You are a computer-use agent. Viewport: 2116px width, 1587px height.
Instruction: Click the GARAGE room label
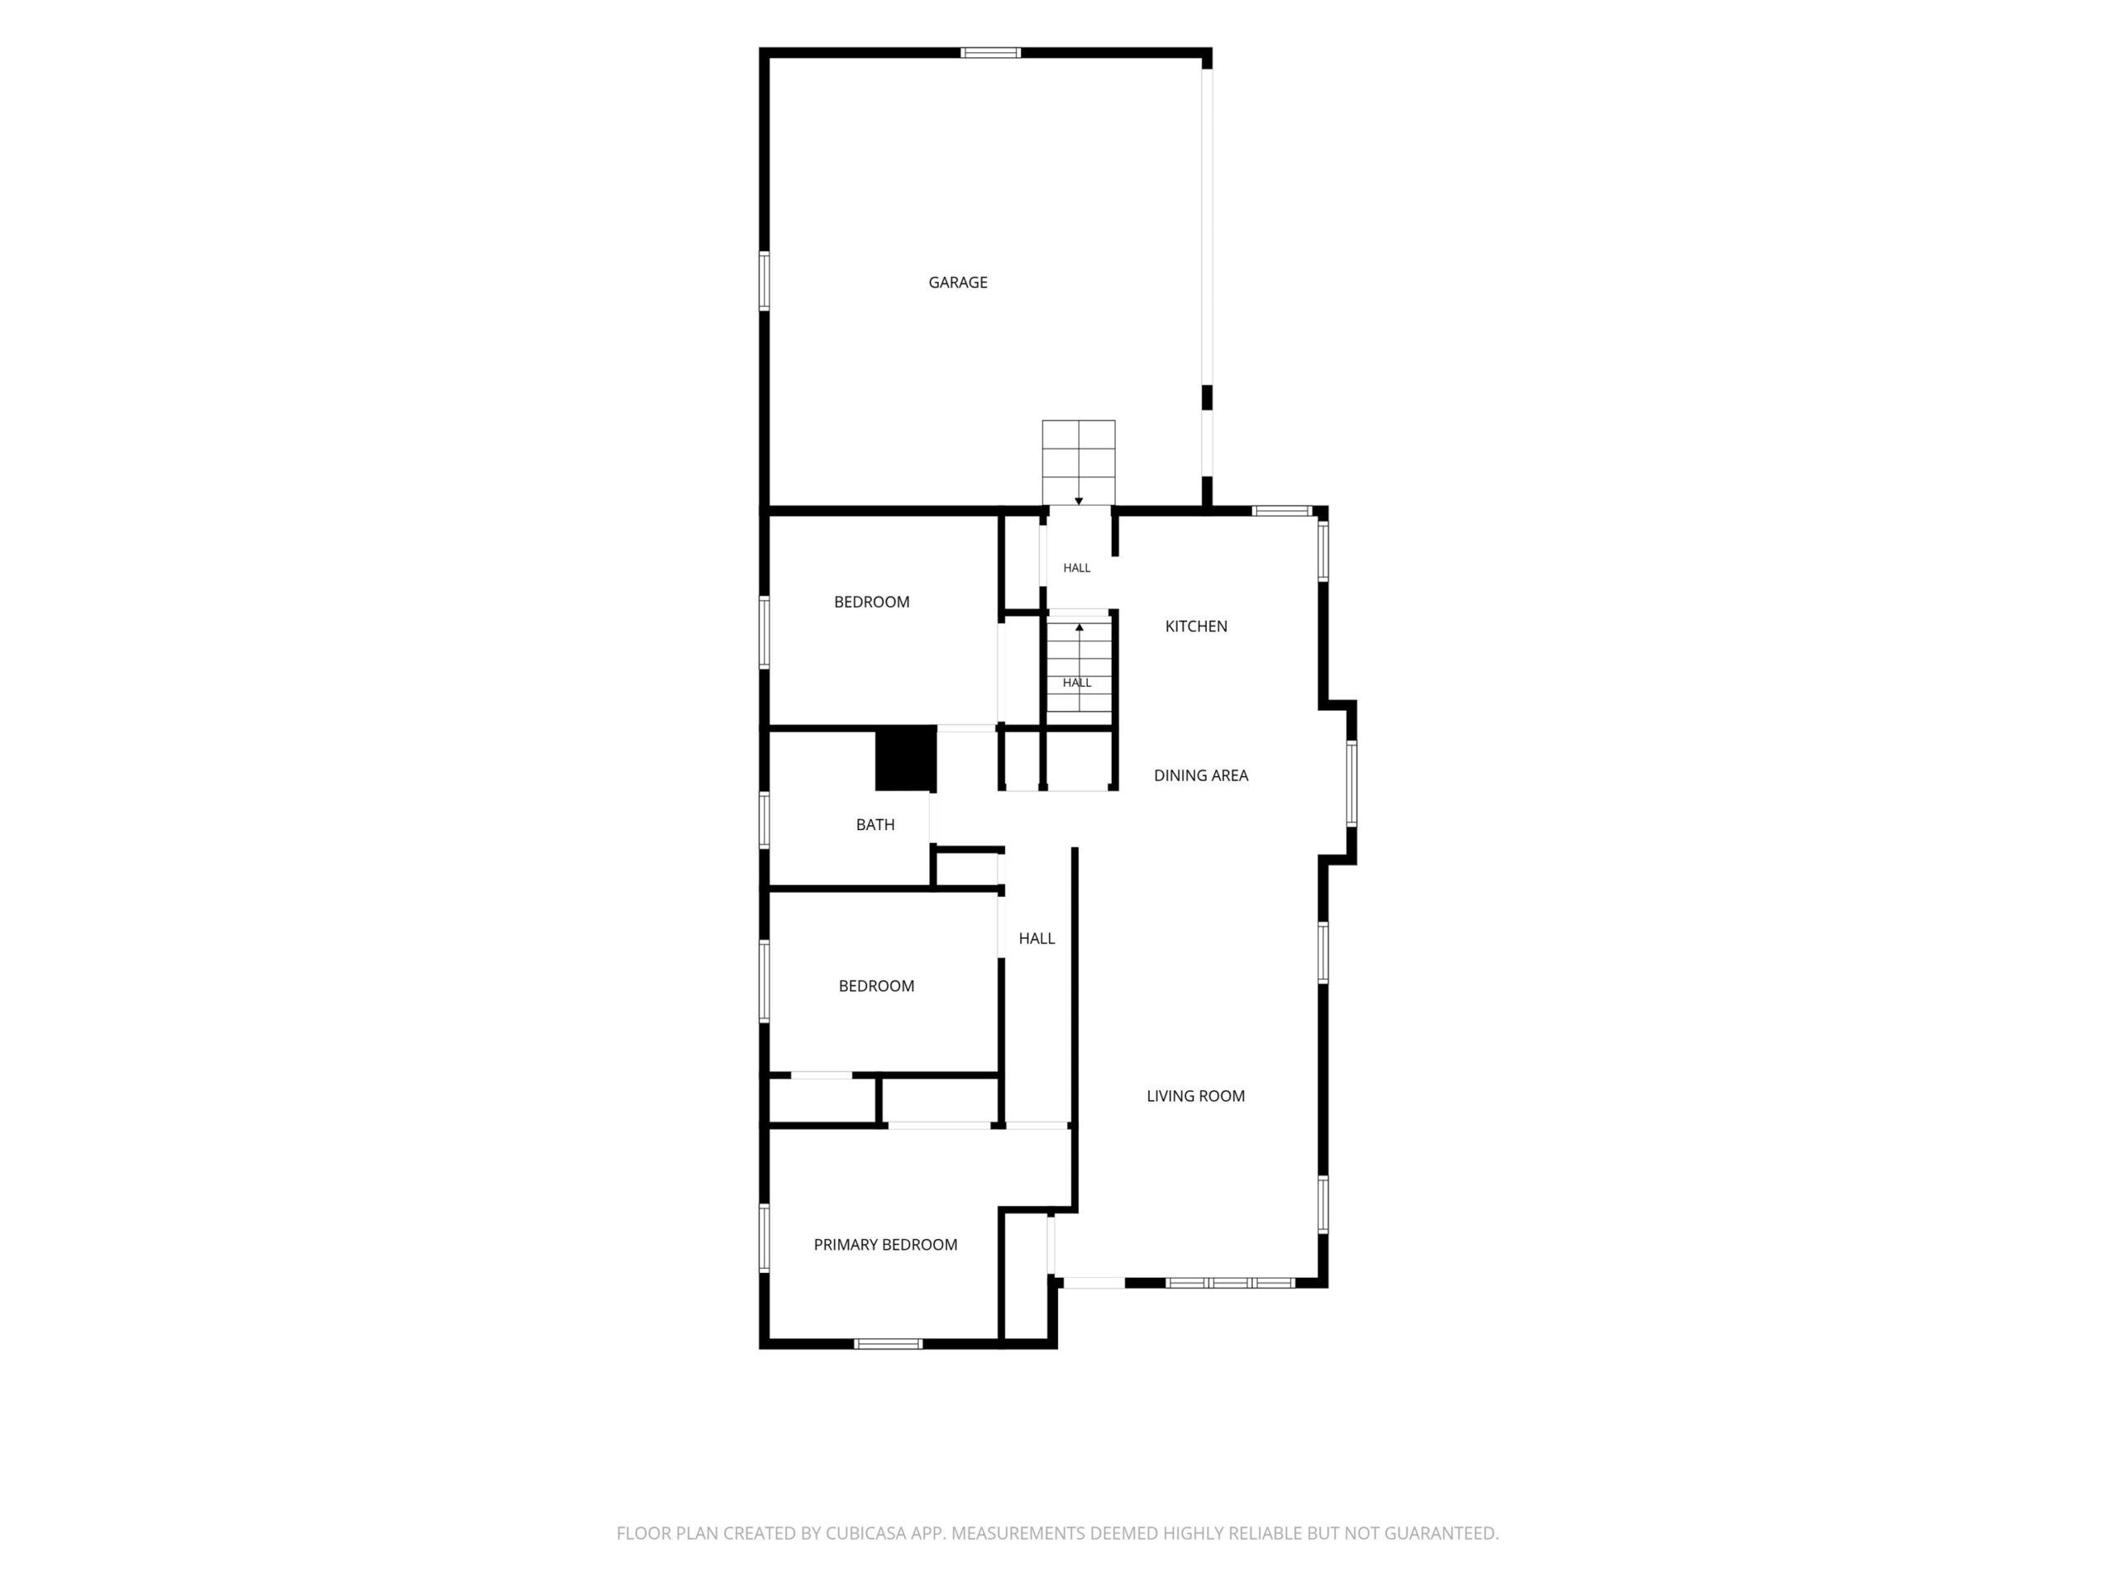click(x=957, y=282)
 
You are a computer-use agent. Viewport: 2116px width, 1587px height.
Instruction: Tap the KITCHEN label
click(x=1196, y=627)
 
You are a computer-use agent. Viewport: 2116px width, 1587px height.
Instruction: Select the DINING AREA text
click(x=1200, y=776)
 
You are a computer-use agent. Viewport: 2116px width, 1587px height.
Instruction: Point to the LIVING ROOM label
click(x=1196, y=1096)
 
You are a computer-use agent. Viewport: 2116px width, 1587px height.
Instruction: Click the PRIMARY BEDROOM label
click(x=885, y=1245)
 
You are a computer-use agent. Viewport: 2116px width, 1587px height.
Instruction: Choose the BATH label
click(x=875, y=825)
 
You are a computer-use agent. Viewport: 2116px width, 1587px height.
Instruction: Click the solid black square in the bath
click(x=906, y=760)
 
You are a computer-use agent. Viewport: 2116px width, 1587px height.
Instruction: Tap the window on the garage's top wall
click(x=990, y=53)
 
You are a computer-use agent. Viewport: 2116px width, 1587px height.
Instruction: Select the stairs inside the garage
click(x=1078, y=463)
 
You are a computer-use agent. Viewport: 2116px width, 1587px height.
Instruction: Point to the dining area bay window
click(x=1351, y=784)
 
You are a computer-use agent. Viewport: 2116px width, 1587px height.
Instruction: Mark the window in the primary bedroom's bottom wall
click(x=888, y=1344)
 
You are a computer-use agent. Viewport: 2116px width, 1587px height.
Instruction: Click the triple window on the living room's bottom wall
click(x=1229, y=1283)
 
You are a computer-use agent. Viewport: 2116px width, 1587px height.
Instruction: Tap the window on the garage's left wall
click(x=765, y=280)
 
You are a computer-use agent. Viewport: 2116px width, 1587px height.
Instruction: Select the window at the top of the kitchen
click(x=1282, y=511)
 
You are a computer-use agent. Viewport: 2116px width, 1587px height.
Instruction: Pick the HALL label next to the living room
click(x=1037, y=938)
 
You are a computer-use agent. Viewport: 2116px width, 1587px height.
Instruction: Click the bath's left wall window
click(x=765, y=820)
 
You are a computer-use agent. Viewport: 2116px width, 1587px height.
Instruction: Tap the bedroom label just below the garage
click(x=871, y=602)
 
